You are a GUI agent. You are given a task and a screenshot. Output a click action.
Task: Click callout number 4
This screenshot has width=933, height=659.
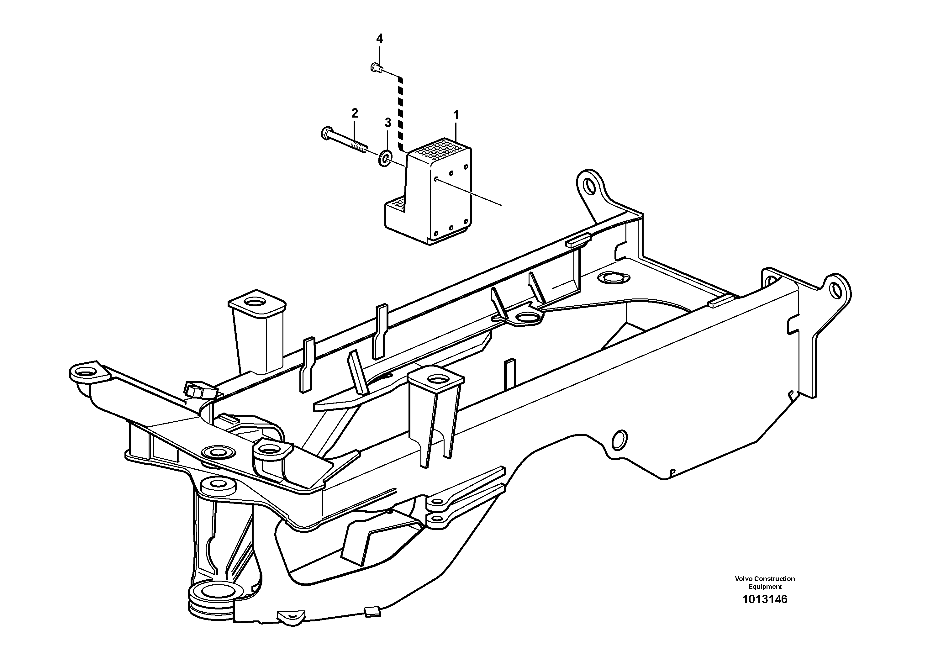point(379,39)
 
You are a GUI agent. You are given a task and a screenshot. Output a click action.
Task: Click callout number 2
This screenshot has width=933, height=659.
point(354,113)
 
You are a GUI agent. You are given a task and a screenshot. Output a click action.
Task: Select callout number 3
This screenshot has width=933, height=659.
point(388,122)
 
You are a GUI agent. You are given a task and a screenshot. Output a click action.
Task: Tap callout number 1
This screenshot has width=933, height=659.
point(456,115)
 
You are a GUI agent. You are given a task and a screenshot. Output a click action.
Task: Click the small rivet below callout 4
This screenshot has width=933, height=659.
point(376,68)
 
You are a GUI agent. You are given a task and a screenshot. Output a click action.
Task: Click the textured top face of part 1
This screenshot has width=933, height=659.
point(439,149)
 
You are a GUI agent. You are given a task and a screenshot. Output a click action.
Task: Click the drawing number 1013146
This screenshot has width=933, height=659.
point(764,599)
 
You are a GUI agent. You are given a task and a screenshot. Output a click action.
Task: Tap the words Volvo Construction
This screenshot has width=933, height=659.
point(764,578)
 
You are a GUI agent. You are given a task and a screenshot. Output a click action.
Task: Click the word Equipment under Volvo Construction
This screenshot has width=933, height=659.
point(765,587)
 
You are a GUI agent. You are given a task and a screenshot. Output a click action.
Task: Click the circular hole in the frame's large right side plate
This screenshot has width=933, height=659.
point(619,440)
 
